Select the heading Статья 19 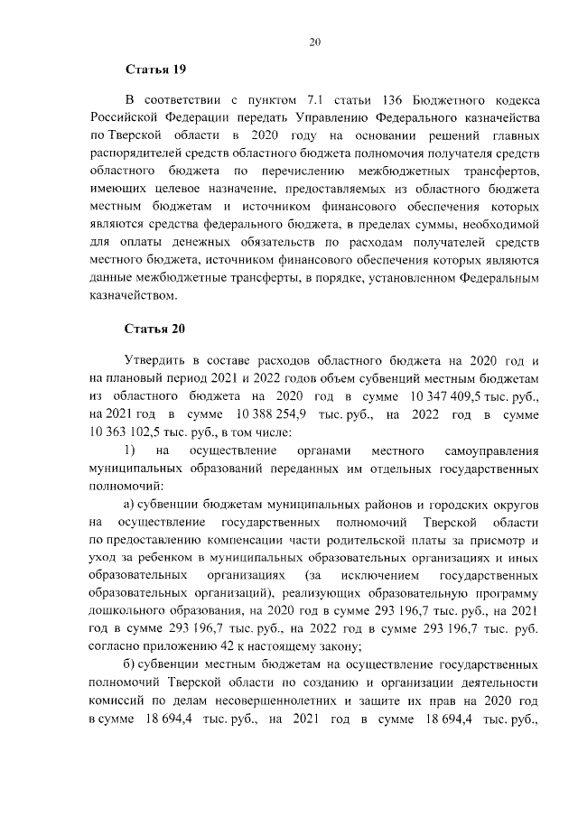155,70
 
